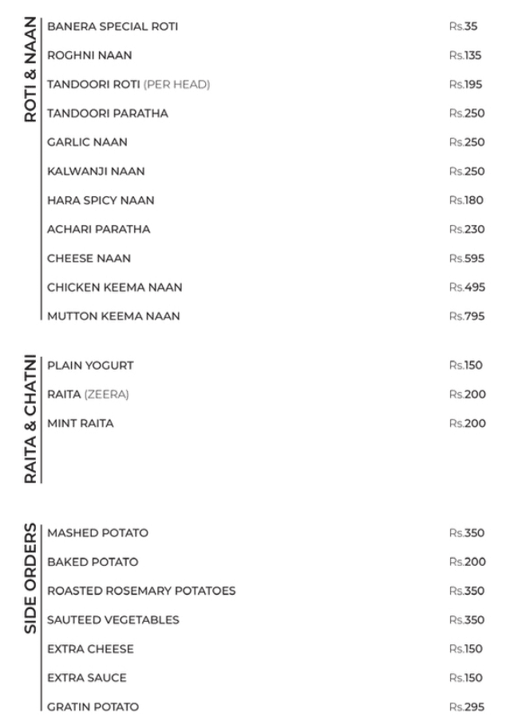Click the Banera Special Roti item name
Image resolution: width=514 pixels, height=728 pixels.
[113, 26]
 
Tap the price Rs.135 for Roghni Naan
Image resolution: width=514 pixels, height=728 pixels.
[467, 56]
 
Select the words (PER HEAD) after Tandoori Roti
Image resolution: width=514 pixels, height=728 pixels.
[176, 85]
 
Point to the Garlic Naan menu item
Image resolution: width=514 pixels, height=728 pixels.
[87, 142]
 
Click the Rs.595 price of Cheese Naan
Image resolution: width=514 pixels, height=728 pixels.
[467, 258]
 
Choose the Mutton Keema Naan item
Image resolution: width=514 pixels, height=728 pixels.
[113, 316]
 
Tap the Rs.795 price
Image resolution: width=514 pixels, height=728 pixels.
[467, 316]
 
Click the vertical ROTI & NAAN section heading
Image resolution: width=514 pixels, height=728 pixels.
[30, 69]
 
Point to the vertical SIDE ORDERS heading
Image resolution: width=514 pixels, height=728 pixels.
[30, 578]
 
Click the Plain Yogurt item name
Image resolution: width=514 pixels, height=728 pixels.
[90, 366]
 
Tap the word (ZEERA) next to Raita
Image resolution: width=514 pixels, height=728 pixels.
[106, 394]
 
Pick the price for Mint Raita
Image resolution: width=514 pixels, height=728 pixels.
[467, 423]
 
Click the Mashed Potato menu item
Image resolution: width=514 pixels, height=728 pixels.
[97, 533]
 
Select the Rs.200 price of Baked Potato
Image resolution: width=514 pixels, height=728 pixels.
[467, 562]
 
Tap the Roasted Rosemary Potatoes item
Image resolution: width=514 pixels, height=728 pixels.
[141, 591]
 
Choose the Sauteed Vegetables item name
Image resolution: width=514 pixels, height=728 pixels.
[113, 619]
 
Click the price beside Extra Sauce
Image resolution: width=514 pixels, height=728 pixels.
[467, 678]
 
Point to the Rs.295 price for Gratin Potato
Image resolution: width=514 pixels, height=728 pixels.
[467, 706]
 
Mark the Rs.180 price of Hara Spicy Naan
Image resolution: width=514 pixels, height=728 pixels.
[467, 200]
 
